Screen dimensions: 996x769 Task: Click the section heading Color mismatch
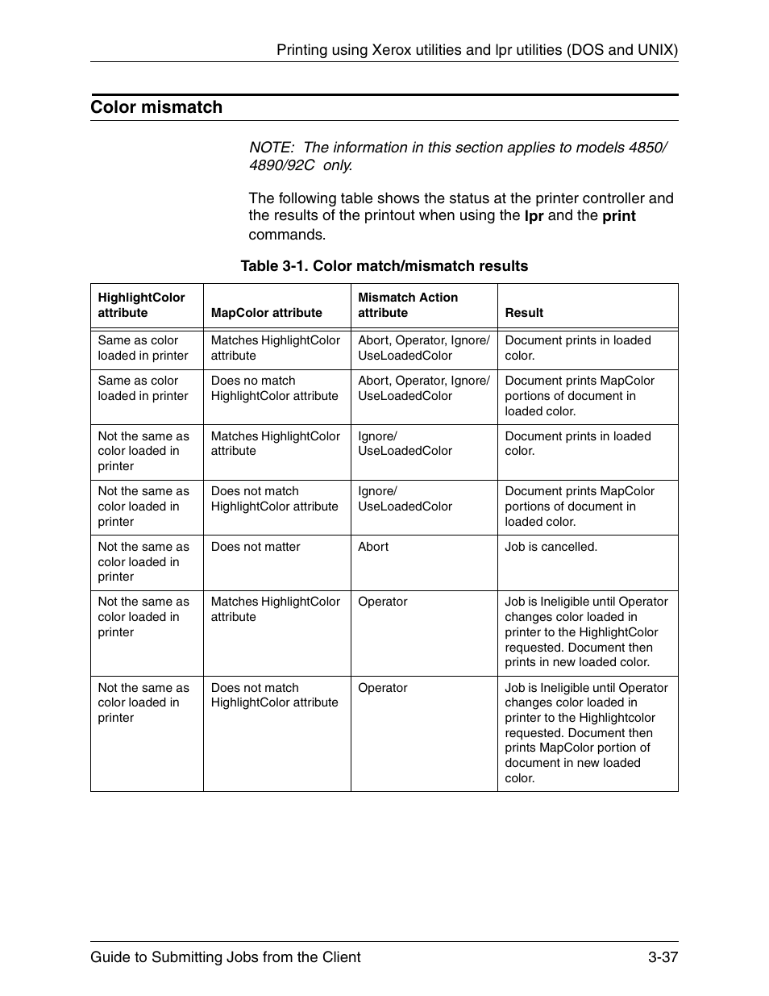156,107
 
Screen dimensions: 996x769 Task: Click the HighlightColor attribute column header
141,305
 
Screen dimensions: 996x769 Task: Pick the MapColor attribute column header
266,313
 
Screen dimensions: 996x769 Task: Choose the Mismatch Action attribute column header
408,305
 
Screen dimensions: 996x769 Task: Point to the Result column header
524,313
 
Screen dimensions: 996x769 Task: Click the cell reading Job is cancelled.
551,547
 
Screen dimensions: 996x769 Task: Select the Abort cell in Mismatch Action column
373,547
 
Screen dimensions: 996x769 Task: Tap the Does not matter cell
256,547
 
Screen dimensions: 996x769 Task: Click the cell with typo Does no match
274,388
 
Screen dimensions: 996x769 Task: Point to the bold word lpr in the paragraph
534,216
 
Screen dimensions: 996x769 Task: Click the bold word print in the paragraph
618,216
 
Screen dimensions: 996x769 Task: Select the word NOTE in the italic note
272,148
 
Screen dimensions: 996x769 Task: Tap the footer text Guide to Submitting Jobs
225,956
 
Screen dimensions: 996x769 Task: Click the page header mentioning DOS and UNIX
476,50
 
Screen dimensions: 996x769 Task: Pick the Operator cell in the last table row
383,688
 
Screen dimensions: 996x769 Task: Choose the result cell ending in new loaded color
586,632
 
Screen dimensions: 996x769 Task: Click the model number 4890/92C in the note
281,165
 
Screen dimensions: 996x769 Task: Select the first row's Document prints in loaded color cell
577,348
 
